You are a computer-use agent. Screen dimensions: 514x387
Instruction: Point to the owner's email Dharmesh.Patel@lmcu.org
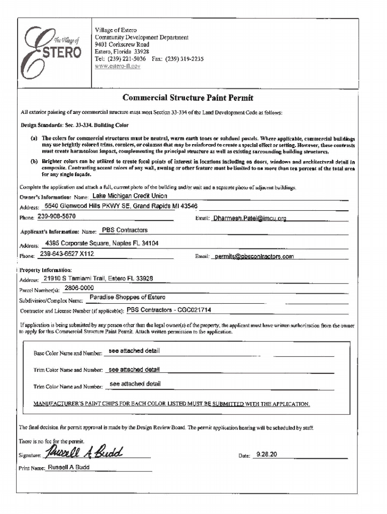(249, 219)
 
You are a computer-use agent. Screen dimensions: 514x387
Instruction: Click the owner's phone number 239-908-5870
(57, 216)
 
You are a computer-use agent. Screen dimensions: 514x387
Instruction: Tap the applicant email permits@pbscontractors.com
(254, 256)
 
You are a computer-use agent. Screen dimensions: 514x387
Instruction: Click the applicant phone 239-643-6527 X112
(67, 254)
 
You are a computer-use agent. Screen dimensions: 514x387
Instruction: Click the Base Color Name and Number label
(68, 354)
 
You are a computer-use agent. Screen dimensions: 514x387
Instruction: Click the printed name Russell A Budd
(68, 467)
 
